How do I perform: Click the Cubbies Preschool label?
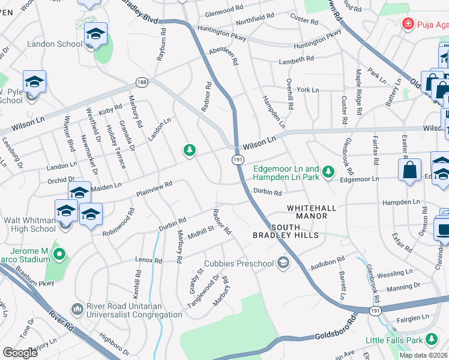tap(238, 263)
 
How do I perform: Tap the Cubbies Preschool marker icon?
tap(283, 262)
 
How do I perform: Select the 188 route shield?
tap(142, 82)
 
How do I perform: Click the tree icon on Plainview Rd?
tap(190, 150)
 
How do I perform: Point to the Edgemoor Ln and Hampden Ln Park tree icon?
tap(328, 172)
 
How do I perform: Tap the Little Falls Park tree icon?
tap(431, 340)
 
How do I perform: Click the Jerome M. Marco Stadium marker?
tap(59, 255)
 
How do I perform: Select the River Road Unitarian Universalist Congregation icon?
tap(77, 309)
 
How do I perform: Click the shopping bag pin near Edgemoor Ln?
tap(409, 169)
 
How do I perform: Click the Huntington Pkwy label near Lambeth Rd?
tap(316, 42)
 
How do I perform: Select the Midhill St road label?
tap(200, 232)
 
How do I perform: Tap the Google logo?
tap(20, 353)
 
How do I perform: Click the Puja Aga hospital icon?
tap(408, 23)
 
